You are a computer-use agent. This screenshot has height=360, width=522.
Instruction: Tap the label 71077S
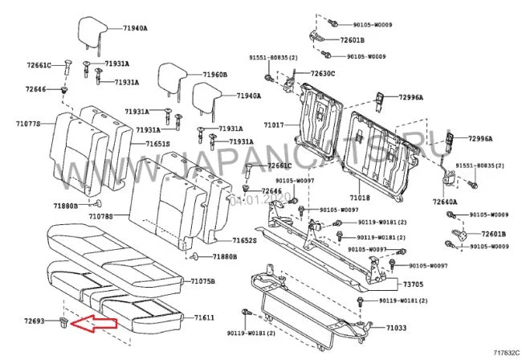[x=27, y=124]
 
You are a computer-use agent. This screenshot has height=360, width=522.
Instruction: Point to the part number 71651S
[x=158, y=144]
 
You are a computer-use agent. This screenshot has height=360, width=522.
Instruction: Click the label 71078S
[x=100, y=217]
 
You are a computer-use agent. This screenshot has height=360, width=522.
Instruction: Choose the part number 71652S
[x=243, y=240]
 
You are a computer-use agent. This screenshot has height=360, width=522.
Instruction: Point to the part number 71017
[x=273, y=125]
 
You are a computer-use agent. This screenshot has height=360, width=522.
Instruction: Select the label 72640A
[x=444, y=202]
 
